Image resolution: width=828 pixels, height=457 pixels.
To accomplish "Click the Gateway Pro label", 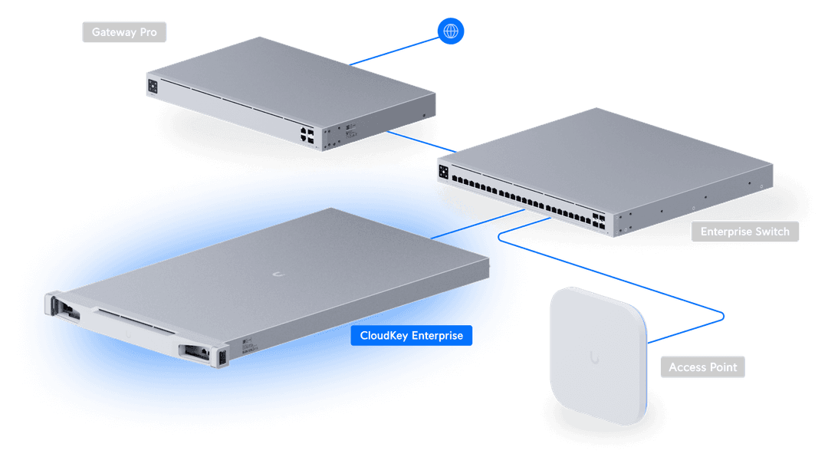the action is (x=124, y=32).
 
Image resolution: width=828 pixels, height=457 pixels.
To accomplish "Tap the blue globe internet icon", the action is (x=451, y=31).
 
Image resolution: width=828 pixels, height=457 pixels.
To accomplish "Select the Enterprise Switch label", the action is (x=744, y=232).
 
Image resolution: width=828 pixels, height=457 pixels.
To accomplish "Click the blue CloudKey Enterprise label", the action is (x=412, y=336).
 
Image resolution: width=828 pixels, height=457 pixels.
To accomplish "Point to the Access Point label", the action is (x=702, y=367).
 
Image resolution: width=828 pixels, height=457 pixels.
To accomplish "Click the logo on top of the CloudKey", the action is (x=278, y=274).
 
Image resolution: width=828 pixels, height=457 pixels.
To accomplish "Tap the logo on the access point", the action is (x=595, y=357).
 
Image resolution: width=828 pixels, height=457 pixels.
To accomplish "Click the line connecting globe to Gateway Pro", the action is (x=394, y=51).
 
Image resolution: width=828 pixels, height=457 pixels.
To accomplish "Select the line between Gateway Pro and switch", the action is (x=422, y=142).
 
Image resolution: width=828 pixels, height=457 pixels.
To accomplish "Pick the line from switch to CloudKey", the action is (x=478, y=224).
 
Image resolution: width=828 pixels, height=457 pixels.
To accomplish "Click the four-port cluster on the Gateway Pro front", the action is (x=307, y=135).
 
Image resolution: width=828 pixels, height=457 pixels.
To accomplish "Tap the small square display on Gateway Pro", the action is (x=153, y=86).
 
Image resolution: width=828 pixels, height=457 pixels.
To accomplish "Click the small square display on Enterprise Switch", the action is (x=444, y=172).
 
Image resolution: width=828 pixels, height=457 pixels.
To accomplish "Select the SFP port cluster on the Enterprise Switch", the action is (x=598, y=221).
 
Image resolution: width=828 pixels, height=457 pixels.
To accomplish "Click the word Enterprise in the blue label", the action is (x=437, y=336).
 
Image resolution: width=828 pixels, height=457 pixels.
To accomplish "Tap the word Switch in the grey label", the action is (x=771, y=232).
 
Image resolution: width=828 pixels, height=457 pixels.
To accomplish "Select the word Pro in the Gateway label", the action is (x=149, y=32).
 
